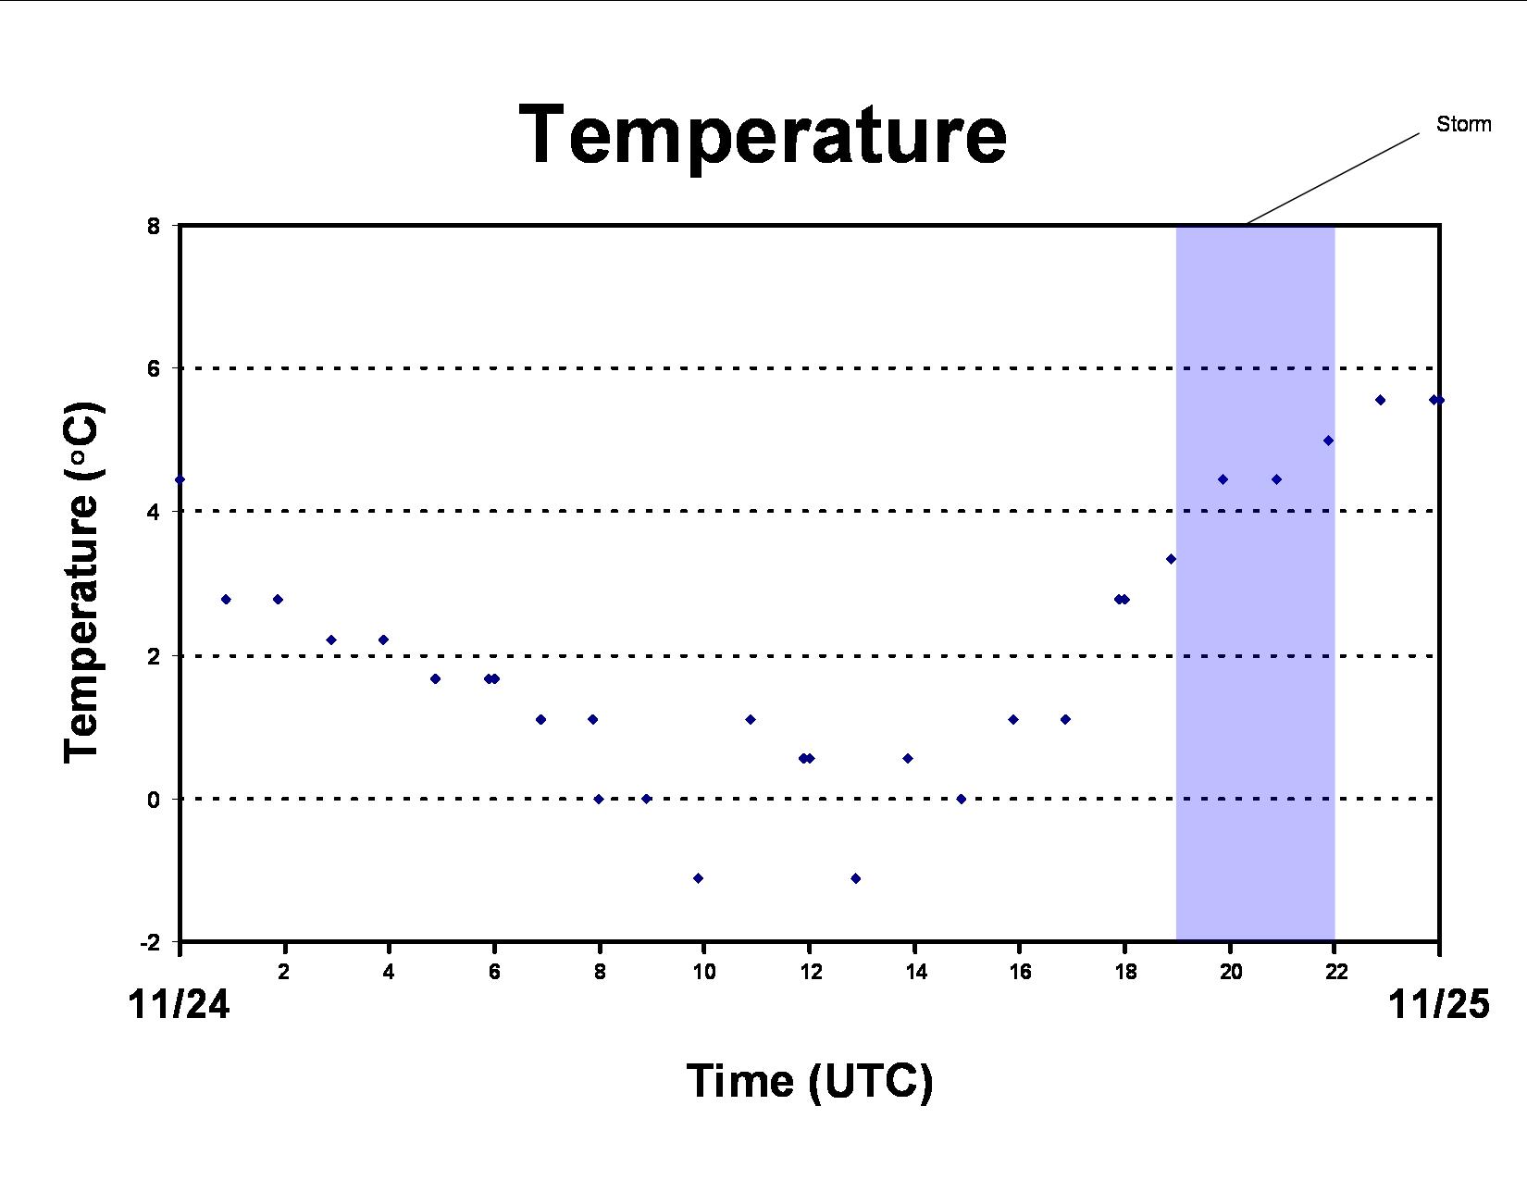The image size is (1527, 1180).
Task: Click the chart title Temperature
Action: pos(763,136)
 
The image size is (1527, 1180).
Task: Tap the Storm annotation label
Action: pos(1463,124)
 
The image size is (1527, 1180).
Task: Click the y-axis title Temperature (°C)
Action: pos(83,583)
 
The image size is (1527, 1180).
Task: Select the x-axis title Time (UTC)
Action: pos(810,1080)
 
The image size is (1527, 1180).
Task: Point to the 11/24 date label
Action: pos(179,1004)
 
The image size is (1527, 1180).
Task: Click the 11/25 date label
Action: pos(1438,1004)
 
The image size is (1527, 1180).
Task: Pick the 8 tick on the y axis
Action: pos(154,226)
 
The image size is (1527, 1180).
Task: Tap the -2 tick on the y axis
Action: pos(150,942)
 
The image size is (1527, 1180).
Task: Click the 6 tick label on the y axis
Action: pos(154,368)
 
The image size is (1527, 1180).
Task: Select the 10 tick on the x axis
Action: pos(704,972)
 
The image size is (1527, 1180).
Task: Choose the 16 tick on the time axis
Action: pos(1020,972)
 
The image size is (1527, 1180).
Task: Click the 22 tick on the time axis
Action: pos(1335,972)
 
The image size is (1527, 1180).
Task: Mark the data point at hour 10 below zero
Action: pos(698,878)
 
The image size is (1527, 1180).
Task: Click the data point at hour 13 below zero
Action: pos(855,878)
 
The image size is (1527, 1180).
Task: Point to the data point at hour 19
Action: pos(1171,559)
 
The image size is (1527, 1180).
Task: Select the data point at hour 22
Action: pos(1328,441)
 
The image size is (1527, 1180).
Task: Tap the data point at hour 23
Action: pos(1380,401)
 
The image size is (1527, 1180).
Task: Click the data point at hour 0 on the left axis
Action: pos(180,480)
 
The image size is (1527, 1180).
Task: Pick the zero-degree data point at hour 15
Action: pos(962,799)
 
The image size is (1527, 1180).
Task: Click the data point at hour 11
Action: pos(750,720)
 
